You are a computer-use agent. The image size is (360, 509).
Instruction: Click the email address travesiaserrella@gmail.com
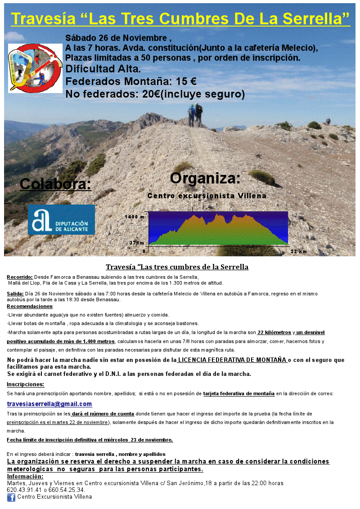click(x=49, y=404)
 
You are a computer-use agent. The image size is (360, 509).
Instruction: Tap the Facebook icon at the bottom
click(x=11, y=497)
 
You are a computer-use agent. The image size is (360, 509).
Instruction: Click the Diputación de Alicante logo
click(x=61, y=220)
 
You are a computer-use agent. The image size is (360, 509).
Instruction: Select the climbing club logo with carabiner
click(x=35, y=68)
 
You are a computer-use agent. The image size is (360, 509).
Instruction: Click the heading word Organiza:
click(x=205, y=178)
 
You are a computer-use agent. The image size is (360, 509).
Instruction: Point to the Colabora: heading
click(x=55, y=184)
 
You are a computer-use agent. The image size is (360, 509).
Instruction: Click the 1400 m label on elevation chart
click(x=135, y=217)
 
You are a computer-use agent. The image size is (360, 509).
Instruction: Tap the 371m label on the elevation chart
click(x=137, y=243)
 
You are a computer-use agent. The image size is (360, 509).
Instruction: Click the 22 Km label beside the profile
click(x=299, y=251)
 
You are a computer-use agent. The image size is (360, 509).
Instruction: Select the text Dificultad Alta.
click(x=103, y=69)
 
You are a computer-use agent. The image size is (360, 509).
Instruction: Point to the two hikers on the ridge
click(x=195, y=115)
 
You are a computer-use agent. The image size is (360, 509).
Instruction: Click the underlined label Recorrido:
click(x=20, y=277)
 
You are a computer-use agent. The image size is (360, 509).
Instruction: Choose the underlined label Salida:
click(x=16, y=294)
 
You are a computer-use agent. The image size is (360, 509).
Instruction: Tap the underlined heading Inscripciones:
click(x=26, y=384)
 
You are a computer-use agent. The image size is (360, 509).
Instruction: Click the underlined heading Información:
click(x=25, y=477)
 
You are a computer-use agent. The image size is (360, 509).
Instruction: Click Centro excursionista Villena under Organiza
click(x=207, y=196)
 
